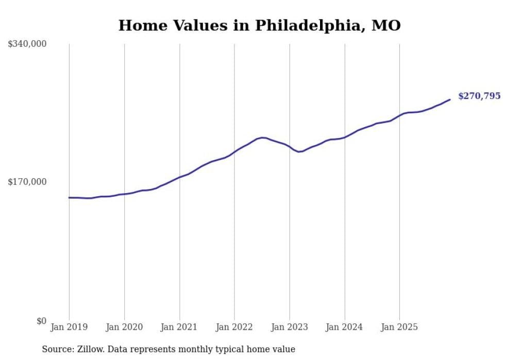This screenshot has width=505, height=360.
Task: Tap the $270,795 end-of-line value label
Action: [479, 96]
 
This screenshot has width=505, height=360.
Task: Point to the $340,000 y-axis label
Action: [27, 44]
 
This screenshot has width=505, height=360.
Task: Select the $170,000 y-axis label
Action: [27, 182]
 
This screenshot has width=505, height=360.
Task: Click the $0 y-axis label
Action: [41, 321]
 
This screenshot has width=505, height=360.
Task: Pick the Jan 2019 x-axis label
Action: [69, 327]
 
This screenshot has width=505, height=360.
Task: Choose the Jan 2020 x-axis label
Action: [124, 327]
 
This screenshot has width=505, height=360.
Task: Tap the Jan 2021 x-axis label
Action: [179, 327]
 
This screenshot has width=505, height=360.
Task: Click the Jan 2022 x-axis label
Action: [234, 327]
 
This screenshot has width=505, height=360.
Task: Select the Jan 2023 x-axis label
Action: [290, 327]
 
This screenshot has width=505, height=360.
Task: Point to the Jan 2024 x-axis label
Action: [345, 327]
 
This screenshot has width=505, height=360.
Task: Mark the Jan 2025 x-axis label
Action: [399, 327]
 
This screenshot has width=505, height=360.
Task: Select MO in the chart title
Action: [388, 26]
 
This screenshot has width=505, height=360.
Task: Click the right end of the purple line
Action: [450, 99]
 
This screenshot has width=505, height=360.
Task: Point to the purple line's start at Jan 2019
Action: [70, 197]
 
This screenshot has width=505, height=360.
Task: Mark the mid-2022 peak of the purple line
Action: [263, 138]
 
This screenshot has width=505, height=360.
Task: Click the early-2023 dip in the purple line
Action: [299, 151]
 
